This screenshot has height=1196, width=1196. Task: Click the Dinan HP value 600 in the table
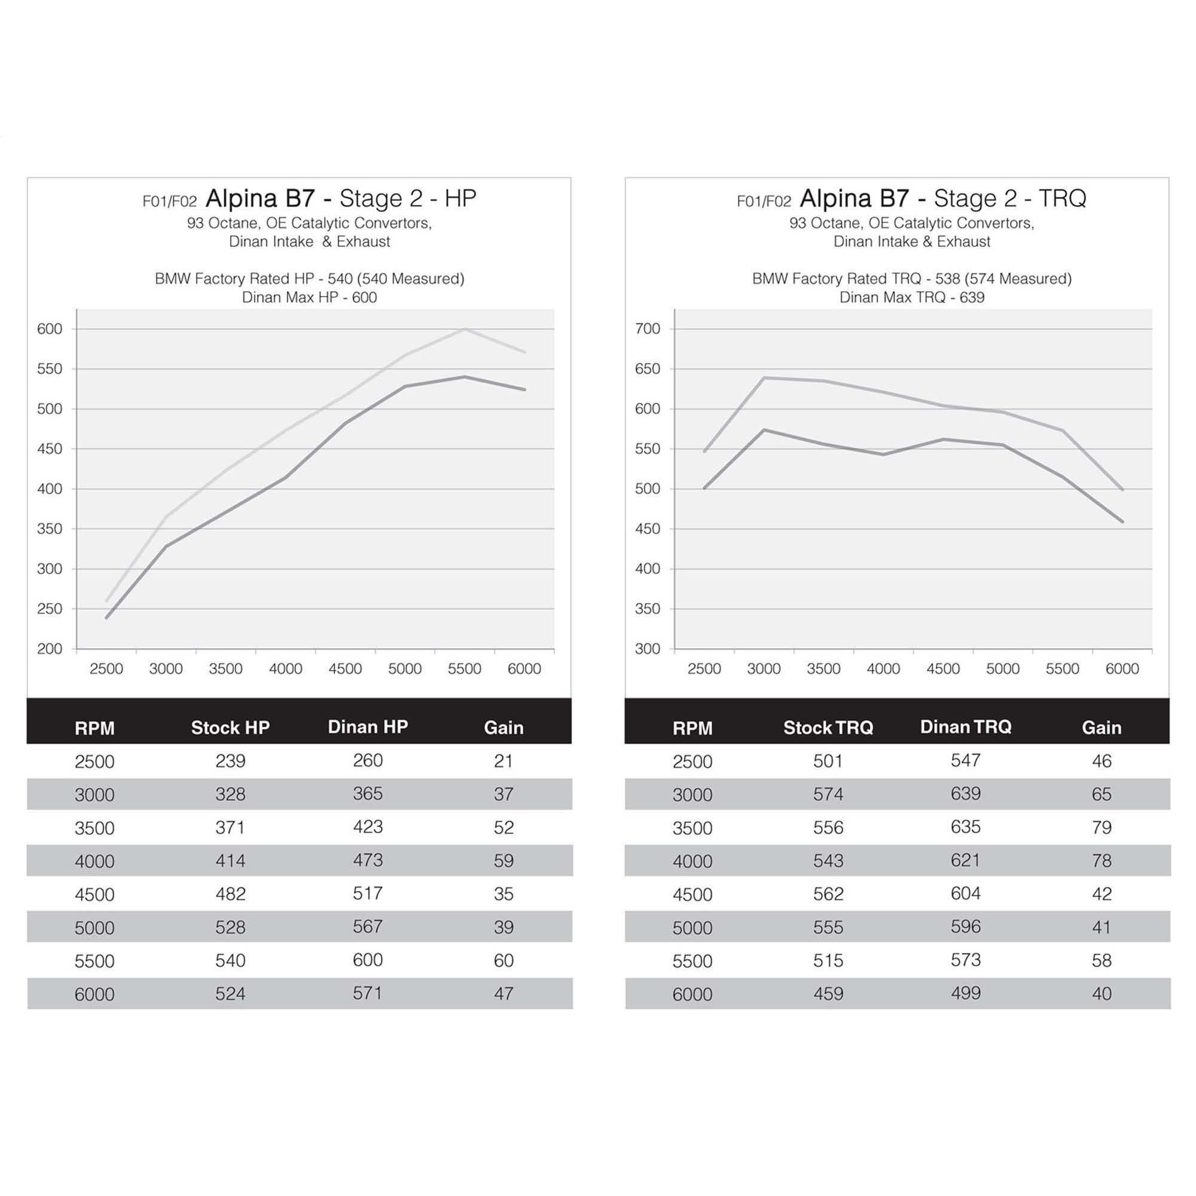point(368,960)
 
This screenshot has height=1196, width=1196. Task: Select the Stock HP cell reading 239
point(230,761)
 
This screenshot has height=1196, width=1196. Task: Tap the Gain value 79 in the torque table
point(1102,828)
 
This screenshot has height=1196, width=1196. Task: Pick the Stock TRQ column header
point(828,727)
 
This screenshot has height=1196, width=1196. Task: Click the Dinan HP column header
point(368,727)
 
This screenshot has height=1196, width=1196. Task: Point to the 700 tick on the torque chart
point(648,329)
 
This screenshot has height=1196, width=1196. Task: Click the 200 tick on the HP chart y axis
point(50,649)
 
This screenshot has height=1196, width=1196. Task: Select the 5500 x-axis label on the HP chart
point(464,669)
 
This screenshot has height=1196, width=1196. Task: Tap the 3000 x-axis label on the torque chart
point(763,669)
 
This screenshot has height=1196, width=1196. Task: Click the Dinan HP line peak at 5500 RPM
point(465,329)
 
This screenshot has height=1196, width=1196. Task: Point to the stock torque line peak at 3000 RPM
point(764,429)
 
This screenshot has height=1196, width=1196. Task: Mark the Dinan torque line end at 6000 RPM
point(1122,490)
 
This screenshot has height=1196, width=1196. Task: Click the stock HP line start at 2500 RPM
point(106,618)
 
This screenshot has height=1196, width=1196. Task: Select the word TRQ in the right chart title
point(1062,199)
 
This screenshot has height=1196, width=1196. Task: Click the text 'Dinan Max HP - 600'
point(309,298)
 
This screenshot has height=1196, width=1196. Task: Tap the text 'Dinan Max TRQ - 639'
point(911,298)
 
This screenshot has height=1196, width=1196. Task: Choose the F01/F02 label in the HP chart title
point(170,202)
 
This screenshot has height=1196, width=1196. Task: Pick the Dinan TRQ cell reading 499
point(965,993)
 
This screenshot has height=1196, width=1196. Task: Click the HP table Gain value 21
point(504,761)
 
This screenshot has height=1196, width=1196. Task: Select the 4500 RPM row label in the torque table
point(692,895)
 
